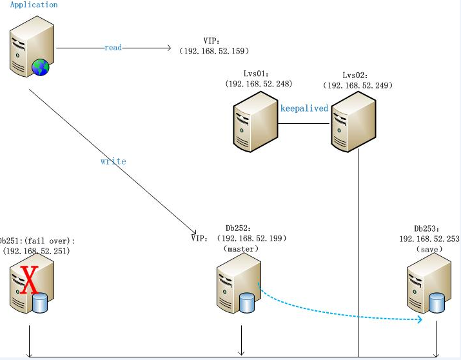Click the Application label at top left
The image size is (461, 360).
(x=34, y=5)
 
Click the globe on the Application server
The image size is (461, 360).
(x=41, y=66)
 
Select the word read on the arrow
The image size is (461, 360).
(x=113, y=48)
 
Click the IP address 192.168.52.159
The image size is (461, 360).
(x=214, y=51)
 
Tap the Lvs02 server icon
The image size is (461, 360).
(x=353, y=121)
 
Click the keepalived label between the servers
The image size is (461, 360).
(x=304, y=108)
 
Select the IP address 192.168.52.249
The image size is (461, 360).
(x=358, y=85)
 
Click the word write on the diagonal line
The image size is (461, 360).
(x=113, y=161)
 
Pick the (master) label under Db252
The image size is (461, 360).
(x=240, y=248)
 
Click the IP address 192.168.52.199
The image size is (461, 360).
(x=253, y=238)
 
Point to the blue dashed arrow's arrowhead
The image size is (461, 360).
(x=419, y=319)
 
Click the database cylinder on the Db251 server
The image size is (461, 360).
(x=41, y=303)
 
